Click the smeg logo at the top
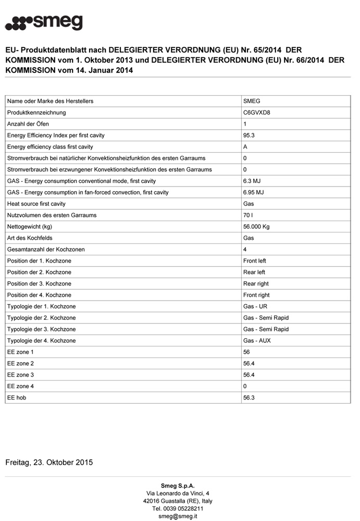click(x=44, y=22)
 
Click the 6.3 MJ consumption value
click(x=252, y=181)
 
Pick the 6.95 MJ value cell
click(x=254, y=192)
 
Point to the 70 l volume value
click(x=249, y=215)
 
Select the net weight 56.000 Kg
click(x=256, y=227)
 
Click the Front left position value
click(x=255, y=261)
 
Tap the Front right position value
click(x=256, y=295)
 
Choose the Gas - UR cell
click(x=255, y=306)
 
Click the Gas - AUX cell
click(x=257, y=341)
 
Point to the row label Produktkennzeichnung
click(x=36, y=113)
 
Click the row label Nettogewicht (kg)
click(x=30, y=227)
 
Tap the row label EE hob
click(x=17, y=398)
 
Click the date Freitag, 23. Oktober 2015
click(x=49, y=462)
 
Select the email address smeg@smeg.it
click(x=178, y=516)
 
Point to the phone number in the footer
click(x=178, y=508)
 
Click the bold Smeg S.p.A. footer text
click(x=178, y=486)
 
